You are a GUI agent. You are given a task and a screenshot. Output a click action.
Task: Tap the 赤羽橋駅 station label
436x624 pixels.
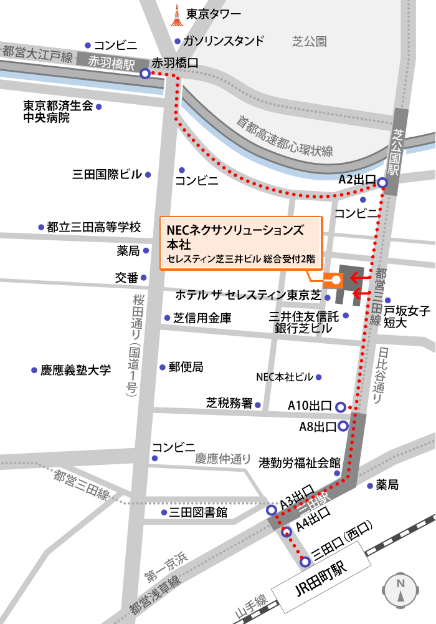[113, 61]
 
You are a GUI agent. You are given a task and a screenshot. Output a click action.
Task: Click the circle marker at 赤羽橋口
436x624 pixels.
[145, 74]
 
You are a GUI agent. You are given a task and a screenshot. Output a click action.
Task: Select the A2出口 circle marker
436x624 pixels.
[382, 182]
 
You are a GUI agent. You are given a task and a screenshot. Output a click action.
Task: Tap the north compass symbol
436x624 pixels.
[400, 590]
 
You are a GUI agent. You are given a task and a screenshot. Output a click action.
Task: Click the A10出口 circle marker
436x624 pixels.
[340, 407]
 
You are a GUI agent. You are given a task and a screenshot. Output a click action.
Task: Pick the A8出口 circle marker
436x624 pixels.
[343, 427]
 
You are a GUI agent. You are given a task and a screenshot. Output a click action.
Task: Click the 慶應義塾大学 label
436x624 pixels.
[75, 370]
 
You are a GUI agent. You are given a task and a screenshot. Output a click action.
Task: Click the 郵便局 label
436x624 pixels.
[186, 367]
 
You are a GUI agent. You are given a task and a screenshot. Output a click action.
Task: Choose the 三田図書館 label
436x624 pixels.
[199, 512]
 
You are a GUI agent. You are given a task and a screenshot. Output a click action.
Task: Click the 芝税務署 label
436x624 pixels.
[229, 403]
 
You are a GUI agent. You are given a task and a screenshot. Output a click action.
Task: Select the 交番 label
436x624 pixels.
[127, 277]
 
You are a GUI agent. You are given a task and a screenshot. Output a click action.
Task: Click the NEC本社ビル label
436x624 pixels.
[285, 377]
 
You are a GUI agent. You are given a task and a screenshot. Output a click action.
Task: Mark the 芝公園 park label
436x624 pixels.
[309, 42]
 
